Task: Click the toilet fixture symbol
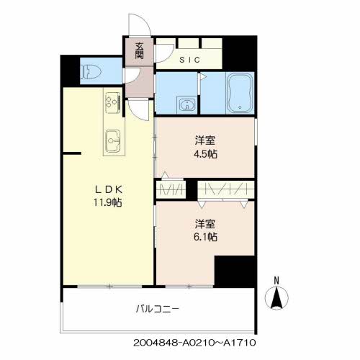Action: [91, 72]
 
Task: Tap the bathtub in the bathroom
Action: [240, 93]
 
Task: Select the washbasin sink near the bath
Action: [186, 105]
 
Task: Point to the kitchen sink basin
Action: [112, 141]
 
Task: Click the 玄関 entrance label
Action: [139, 51]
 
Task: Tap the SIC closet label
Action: [189, 60]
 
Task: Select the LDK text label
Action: [109, 190]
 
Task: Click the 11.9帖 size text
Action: [107, 203]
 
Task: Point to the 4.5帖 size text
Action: [205, 154]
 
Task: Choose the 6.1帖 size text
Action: [205, 237]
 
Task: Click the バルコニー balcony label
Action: [157, 309]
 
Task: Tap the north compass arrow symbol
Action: [276, 298]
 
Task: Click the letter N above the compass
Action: [276, 281]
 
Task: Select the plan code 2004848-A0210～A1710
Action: [194, 343]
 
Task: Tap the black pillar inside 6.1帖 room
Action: [235, 271]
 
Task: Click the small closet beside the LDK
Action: [171, 189]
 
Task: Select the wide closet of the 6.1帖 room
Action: [226, 189]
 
